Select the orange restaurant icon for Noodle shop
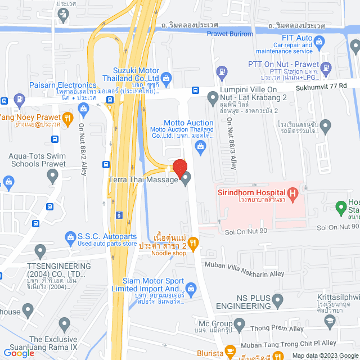pyautogui.click(x=193, y=243)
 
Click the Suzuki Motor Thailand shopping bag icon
pyautogui.click(x=165, y=78)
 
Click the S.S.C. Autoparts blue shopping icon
pyautogui.click(x=70, y=237)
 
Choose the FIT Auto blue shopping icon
pyautogui.click(x=319, y=40)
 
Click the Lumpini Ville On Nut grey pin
pyautogui.click(x=213, y=99)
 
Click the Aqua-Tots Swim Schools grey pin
pyautogui.click(x=53, y=178)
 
